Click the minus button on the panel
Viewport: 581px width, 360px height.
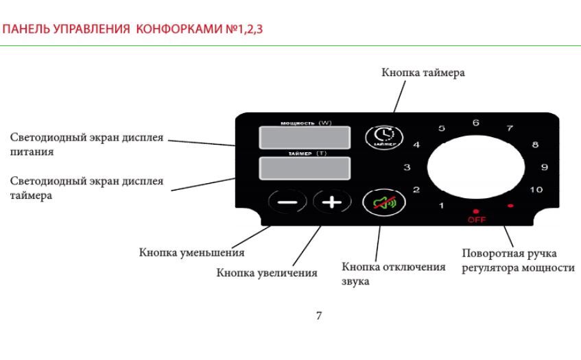pyautogui.click(x=287, y=202)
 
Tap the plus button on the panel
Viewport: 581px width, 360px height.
pyautogui.click(x=332, y=202)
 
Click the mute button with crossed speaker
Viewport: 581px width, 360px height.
pyautogui.click(x=384, y=202)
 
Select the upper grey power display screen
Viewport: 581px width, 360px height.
pyautogui.click(x=305, y=138)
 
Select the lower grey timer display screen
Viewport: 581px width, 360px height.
pyautogui.click(x=305, y=169)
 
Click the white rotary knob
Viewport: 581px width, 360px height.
pyautogui.click(x=476, y=167)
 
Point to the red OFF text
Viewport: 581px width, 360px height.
pyautogui.click(x=477, y=219)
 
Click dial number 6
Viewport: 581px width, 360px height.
pyautogui.click(x=476, y=123)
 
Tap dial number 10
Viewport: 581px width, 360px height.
pyautogui.click(x=536, y=190)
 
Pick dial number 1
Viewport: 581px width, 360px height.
pyautogui.click(x=441, y=206)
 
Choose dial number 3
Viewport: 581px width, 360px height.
pyautogui.click(x=407, y=167)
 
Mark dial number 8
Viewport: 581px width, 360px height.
pyautogui.click(x=535, y=145)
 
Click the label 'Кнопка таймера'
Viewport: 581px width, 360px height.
pyautogui.click(x=423, y=73)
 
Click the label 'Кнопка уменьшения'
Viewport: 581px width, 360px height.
pyautogui.click(x=191, y=252)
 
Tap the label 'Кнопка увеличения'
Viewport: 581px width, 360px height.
pyautogui.click(x=267, y=273)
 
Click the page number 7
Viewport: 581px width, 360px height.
pyautogui.click(x=319, y=315)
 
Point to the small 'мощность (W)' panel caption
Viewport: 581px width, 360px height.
pyautogui.click(x=306, y=123)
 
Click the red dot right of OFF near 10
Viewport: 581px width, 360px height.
pyautogui.click(x=510, y=206)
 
